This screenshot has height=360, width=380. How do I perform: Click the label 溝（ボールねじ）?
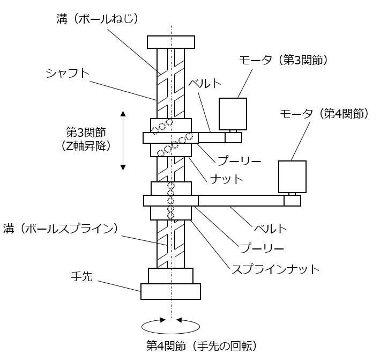tap(98, 19)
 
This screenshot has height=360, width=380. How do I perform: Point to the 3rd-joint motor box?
tap(233, 114)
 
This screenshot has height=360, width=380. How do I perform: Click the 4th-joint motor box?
tap(292, 177)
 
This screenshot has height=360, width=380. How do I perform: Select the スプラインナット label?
tap(274, 269)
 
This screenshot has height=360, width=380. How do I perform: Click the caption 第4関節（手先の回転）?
tap(205, 344)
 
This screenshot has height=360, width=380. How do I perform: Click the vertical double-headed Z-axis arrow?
tap(123, 140)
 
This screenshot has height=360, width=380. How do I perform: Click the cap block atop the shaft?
tap(170, 41)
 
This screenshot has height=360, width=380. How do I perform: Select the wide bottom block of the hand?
tap(170, 291)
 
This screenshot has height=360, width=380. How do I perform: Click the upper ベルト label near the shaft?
tap(204, 84)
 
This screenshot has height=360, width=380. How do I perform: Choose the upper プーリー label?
tap(232, 160)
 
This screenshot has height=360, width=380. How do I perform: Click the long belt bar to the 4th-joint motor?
tap(241, 201)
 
